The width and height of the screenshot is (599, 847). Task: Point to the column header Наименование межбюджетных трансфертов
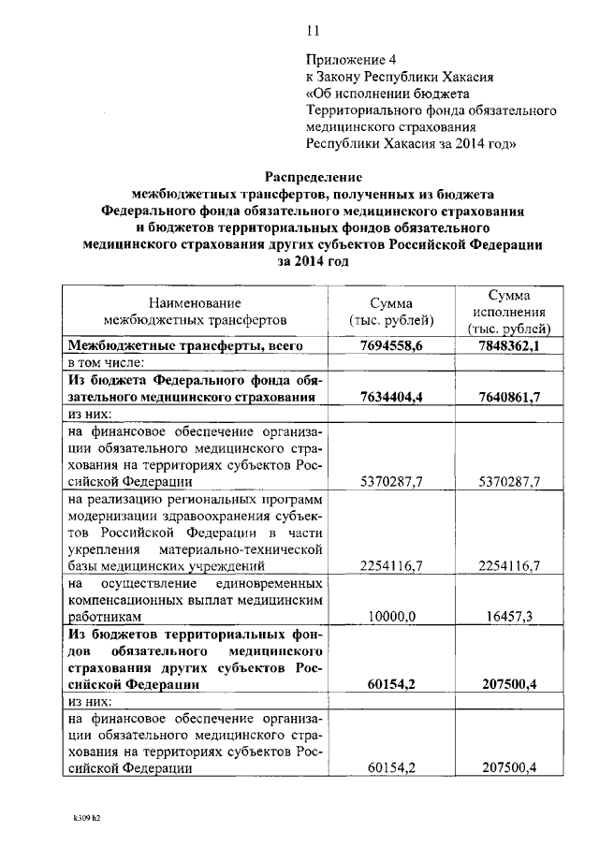195,312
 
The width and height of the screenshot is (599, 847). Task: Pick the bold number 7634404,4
391,397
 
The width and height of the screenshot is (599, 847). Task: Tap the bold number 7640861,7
510,397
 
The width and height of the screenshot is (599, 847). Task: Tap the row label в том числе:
105,362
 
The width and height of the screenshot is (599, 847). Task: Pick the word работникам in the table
106,618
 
